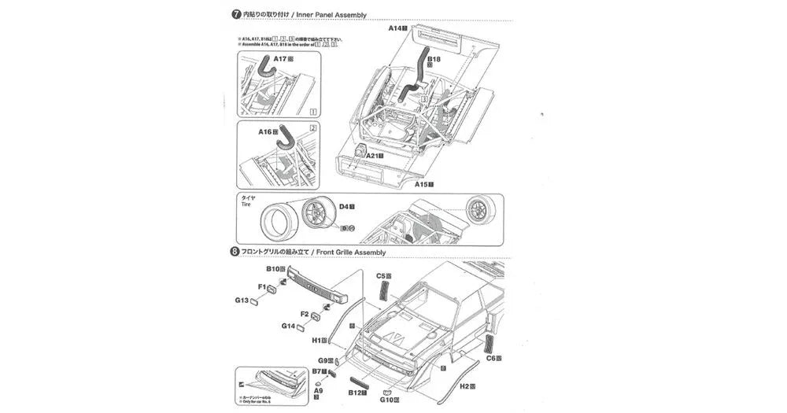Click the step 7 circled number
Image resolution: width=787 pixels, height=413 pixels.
click(x=235, y=14)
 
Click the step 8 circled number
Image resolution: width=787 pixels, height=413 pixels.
click(x=235, y=253)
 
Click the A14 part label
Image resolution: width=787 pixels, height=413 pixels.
click(x=397, y=28)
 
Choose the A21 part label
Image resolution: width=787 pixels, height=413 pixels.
click(x=374, y=156)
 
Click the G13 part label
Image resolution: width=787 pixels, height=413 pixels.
click(x=242, y=301)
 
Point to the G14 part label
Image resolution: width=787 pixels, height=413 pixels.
click(x=289, y=326)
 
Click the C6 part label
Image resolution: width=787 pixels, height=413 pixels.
click(x=493, y=359)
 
